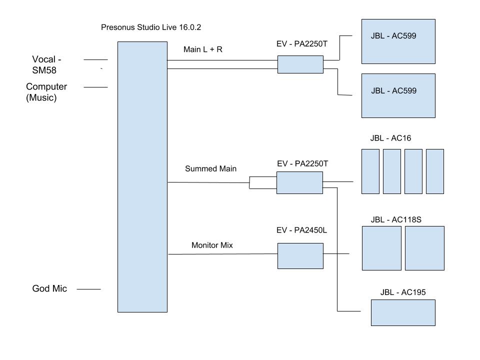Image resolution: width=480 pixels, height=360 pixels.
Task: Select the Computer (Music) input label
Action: click(46, 92)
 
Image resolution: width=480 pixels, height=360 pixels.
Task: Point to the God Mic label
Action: click(49, 288)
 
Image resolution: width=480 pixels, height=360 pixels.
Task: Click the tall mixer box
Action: click(142, 176)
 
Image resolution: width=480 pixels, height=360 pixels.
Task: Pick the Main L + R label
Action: click(203, 49)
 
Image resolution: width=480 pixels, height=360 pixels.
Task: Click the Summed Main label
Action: click(210, 168)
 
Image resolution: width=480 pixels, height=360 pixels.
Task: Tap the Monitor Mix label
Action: click(212, 245)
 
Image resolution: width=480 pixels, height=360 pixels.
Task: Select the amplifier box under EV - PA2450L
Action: click(300, 256)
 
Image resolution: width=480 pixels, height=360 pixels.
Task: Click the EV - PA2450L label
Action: click(301, 230)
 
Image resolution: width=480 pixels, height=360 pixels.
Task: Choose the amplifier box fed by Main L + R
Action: click(300, 64)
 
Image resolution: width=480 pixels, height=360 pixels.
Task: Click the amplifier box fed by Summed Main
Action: click(299, 182)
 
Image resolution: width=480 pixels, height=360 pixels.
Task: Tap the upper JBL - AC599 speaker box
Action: click(398, 41)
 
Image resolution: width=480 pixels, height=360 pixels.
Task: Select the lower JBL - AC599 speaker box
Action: click(398, 95)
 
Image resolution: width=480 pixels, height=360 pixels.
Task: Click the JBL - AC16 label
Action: click(390, 138)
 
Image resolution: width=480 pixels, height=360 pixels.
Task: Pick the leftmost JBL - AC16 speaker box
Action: click(370, 171)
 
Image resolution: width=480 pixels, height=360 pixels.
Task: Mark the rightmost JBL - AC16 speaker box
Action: click(434, 171)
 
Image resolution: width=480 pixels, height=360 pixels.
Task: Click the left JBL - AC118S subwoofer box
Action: click(381, 248)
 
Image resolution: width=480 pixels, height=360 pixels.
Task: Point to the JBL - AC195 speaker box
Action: click(402, 312)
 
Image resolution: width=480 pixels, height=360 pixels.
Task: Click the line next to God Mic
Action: click(88, 289)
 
